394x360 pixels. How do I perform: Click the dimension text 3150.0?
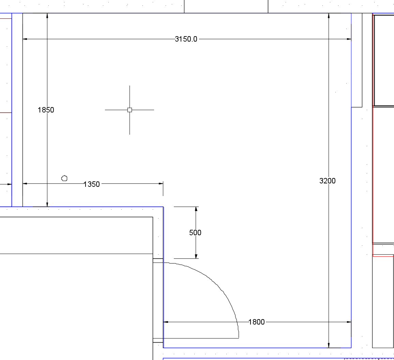coord(186,39)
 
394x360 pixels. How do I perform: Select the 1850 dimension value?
coord(46,110)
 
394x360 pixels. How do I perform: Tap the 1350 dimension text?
coord(91,184)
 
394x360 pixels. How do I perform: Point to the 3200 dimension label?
coord(328,181)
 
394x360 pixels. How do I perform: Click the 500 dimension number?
coord(195,232)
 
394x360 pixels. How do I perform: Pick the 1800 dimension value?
coord(257,322)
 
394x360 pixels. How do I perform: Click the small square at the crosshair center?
coord(130,110)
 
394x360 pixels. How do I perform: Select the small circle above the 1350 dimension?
coord(64,178)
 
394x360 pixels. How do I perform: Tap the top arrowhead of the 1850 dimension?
coord(47,15)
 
